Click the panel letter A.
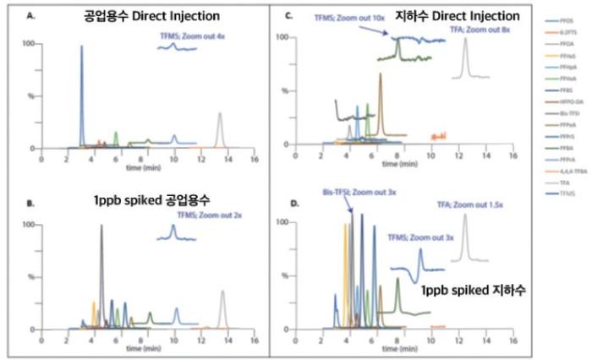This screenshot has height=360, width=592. coord(30,14)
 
